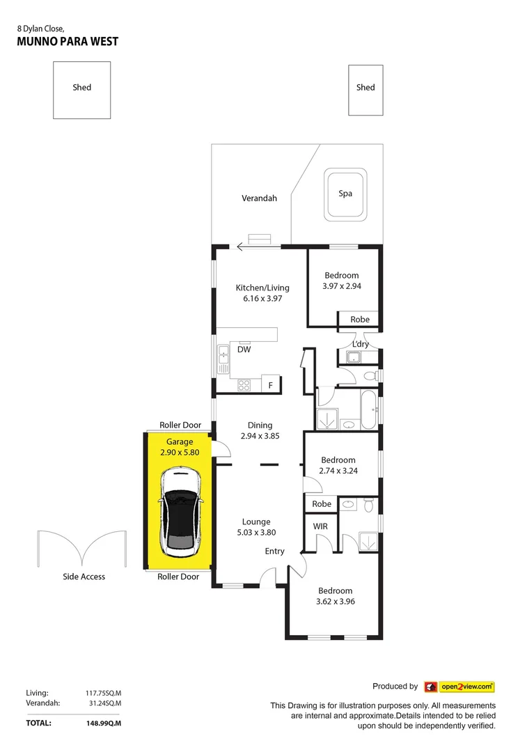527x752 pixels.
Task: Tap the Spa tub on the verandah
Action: point(345,193)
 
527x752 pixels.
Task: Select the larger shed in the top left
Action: point(82,90)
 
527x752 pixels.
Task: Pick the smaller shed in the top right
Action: point(365,89)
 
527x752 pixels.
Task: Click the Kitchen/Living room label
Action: point(262,288)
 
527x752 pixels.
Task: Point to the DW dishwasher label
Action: point(244,350)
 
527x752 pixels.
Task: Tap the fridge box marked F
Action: point(271,384)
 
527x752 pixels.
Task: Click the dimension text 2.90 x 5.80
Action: point(180,452)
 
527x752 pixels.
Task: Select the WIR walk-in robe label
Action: point(320,526)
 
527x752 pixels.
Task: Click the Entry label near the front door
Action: point(274,551)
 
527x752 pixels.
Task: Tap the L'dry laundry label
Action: point(361,344)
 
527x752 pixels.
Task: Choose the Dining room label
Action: point(260,425)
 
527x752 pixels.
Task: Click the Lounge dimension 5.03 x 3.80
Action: point(256,533)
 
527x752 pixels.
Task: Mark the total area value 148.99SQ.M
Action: point(102,723)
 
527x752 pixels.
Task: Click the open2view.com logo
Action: point(459,687)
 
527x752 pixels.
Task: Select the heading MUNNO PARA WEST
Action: point(68,42)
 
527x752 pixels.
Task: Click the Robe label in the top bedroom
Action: point(360,320)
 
